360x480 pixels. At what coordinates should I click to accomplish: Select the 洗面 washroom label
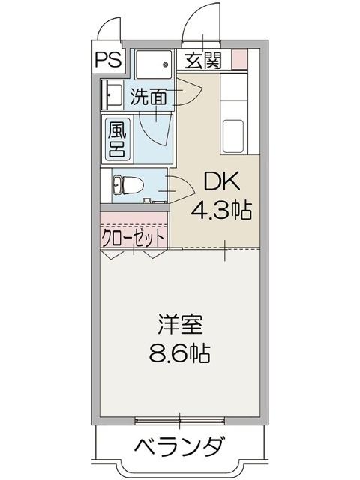pyautogui.click(x=148, y=96)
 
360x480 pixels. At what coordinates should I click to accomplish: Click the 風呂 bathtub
pyautogui.click(x=117, y=139)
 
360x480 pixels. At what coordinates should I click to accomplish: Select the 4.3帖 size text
pyautogui.click(x=220, y=210)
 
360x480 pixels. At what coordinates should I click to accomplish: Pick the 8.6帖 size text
pyautogui.click(x=180, y=352)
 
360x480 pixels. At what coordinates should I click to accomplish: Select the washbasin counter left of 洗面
pyautogui.click(x=112, y=94)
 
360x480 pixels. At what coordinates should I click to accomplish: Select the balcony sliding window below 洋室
pyautogui.click(x=180, y=418)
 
